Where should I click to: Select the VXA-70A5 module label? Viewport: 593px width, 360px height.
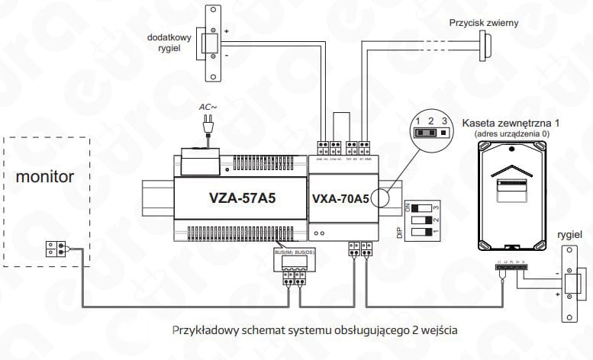point(340,199)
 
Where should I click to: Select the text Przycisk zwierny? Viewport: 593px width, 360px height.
point(484,23)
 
